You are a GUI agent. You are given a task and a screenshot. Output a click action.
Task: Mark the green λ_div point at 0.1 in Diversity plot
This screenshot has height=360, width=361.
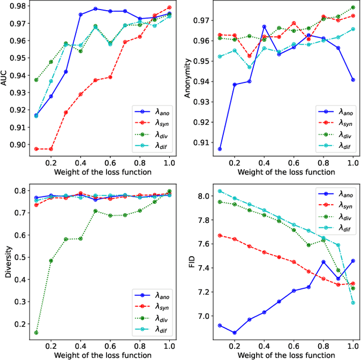[x=36, y=332]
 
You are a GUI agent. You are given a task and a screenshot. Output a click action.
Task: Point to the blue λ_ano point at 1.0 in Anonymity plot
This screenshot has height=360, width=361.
[x=353, y=80]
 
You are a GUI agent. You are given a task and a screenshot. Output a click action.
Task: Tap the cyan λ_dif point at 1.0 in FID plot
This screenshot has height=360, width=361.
[x=353, y=302]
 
